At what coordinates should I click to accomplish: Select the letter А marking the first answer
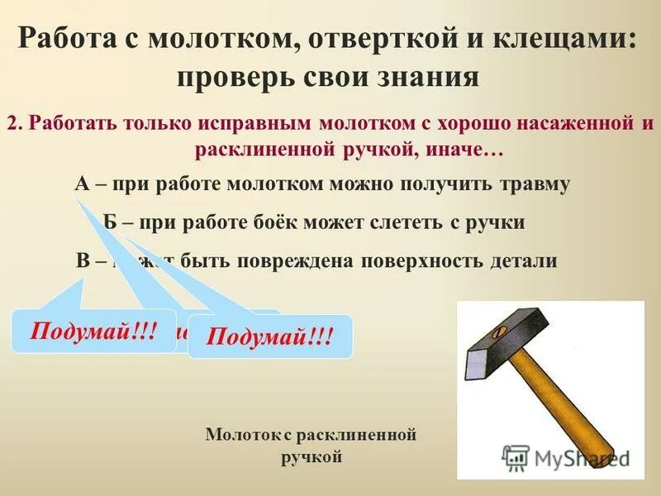(82, 184)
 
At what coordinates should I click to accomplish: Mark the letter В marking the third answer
(83, 260)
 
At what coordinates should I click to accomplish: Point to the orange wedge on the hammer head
(497, 332)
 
